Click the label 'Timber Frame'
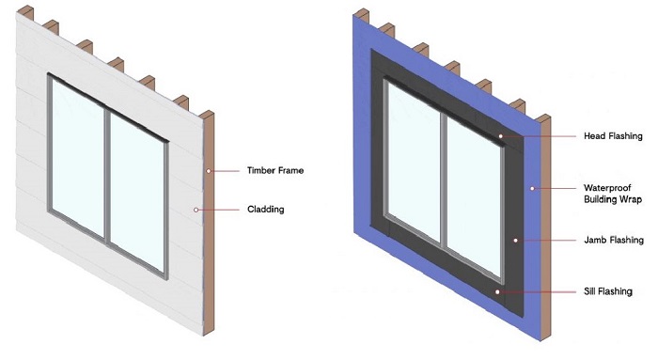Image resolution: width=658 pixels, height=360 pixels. click(x=275, y=171)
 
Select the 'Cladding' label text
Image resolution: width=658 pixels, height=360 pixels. click(x=265, y=209)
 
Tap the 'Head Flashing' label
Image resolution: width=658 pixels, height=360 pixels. click(x=612, y=136)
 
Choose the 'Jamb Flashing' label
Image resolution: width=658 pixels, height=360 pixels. click(x=613, y=241)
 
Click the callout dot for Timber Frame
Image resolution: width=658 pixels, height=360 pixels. click(x=210, y=171)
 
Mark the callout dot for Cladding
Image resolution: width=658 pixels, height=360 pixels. click(x=196, y=209)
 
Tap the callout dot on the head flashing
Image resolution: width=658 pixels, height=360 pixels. click(x=502, y=136)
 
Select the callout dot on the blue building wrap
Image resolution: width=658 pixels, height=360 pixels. click(x=532, y=188)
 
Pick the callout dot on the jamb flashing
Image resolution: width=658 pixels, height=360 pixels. click(x=516, y=241)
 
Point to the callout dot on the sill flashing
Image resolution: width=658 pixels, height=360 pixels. click(x=498, y=292)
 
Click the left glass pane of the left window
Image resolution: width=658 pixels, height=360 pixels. click(x=78, y=160)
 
